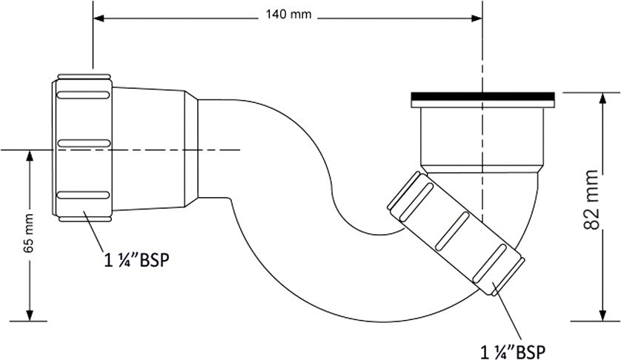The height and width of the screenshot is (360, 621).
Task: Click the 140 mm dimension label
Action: click(288, 15)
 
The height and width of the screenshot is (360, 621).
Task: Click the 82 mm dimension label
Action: click(591, 199)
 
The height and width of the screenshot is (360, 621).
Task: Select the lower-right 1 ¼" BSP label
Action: click(513, 351)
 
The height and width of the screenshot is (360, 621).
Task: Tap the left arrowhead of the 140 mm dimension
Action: click(99, 19)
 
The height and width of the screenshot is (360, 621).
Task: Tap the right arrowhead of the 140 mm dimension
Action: click(476, 19)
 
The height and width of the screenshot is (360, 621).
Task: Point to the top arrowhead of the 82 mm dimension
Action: click(602, 99)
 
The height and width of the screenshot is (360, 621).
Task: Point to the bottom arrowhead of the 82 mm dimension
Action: click(602, 315)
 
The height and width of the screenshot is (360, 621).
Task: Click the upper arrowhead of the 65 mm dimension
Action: click(29, 156)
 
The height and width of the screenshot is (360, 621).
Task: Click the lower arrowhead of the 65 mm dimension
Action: click(29, 315)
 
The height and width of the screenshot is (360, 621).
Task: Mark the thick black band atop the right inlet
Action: click(482, 96)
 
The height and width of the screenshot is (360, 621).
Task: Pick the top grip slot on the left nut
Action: click(83, 95)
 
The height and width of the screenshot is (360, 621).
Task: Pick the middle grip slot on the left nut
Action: click(84, 144)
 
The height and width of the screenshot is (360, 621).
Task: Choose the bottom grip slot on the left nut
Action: click(83, 196)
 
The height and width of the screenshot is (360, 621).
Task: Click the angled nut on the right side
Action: click(456, 233)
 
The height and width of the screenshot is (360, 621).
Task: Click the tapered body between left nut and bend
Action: click(155, 148)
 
